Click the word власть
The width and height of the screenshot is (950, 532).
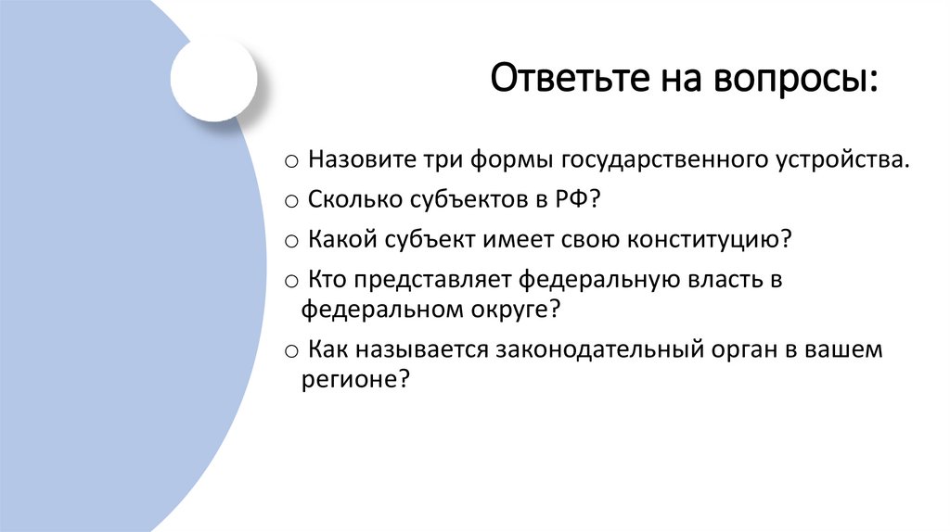[x=713, y=279]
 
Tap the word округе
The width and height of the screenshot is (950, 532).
[x=510, y=308]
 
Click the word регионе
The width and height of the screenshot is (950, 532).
[x=353, y=379]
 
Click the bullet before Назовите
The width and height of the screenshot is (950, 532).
[x=290, y=161]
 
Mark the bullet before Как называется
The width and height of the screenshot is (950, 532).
[x=290, y=351]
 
